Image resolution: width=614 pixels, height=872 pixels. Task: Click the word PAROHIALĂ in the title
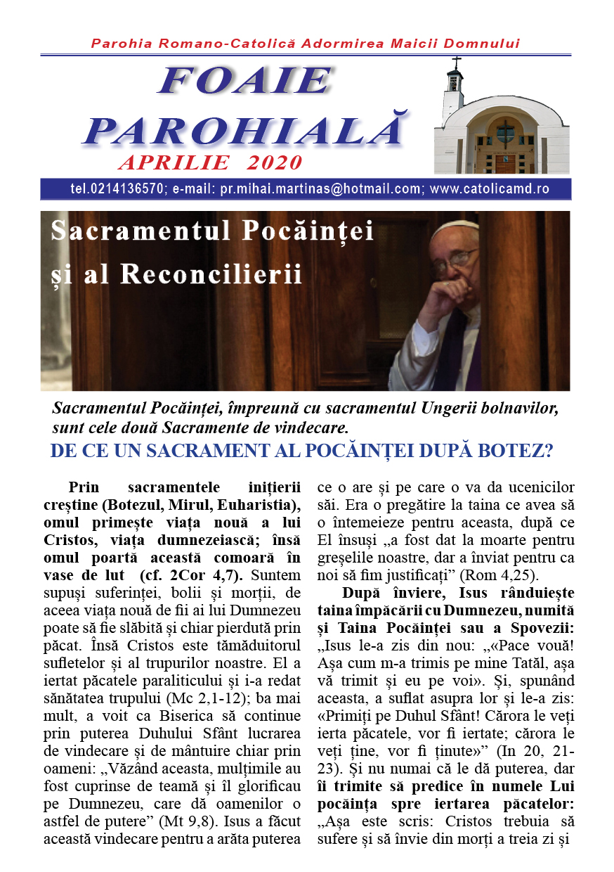click(x=246, y=130)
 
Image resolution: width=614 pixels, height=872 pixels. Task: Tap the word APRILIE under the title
click(x=173, y=163)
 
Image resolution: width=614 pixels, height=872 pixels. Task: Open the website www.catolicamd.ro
click(x=489, y=189)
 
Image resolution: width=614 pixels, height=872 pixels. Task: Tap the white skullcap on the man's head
click(x=449, y=231)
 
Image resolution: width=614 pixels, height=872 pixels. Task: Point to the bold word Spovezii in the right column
click(x=540, y=623)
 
